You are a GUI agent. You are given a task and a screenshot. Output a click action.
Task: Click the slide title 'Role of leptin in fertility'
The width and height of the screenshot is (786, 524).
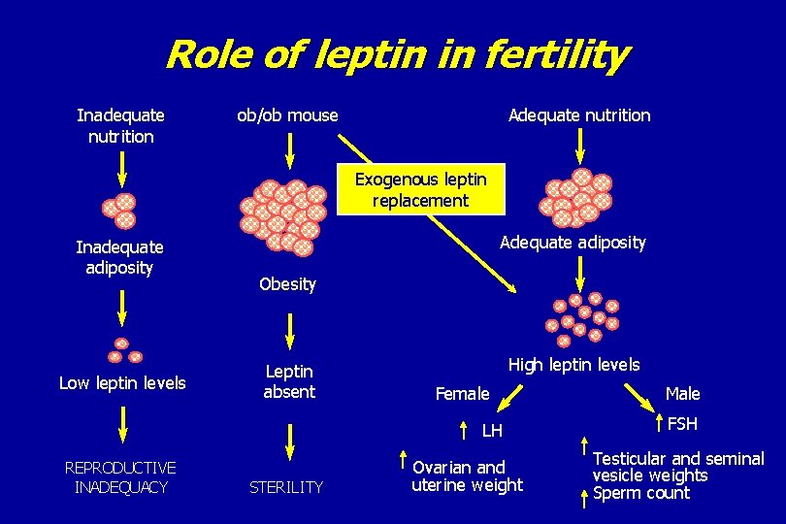pyautogui.click(x=397, y=54)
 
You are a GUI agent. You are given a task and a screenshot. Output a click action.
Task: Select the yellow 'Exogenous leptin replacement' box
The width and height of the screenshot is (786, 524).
pyautogui.click(x=420, y=190)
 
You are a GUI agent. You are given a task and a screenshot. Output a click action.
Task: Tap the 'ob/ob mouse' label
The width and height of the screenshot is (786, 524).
pyautogui.click(x=288, y=115)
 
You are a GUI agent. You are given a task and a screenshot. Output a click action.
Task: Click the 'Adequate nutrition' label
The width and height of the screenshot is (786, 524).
pyautogui.click(x=579, y=115)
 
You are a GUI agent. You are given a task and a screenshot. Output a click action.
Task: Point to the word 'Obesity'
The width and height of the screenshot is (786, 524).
pyautogui.click(x=287, y=284)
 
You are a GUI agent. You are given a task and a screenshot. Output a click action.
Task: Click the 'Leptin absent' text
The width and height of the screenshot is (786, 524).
pyautogui.click(x=289, y=381)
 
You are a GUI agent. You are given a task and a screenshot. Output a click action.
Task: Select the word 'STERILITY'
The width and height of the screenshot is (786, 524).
pyautogui.click(x=286, y=487)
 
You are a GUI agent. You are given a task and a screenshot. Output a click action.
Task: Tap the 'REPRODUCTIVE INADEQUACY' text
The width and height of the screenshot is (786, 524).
pyautogui.click(x=120, y=477)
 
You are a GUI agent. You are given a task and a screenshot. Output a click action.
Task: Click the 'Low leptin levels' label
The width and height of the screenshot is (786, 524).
pyautogui.click(x=122, y=383)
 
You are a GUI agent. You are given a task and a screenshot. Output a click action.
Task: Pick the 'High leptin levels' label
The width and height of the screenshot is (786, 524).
pyautogui.click(x=574, y=365)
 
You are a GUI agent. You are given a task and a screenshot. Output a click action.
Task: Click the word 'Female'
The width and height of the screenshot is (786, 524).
pyautogui.click(x=462, y=393)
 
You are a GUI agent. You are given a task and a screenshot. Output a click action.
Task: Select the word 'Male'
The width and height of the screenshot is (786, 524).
pyautogui.click(x=682, y=393)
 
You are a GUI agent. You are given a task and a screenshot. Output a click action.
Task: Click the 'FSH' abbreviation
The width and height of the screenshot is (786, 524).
pyautogui.click(x=682, y=424)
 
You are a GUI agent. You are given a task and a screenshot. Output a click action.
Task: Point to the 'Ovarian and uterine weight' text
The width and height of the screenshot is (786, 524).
pyautogui.click(x=467, y=475)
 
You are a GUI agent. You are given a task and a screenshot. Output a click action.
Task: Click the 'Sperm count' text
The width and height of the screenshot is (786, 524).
pyautogui.click(x=640, y=493)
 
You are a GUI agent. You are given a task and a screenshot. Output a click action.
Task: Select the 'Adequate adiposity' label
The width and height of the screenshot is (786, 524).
pyautogui.click(x=573, y=243)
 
